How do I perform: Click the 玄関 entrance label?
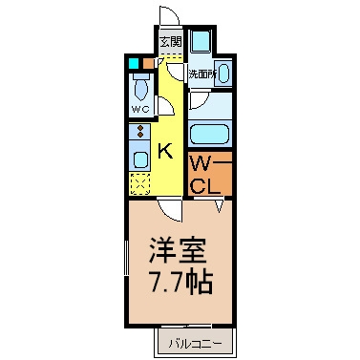(171, 42)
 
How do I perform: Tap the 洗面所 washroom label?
(202, 74)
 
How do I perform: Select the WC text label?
(140, 110)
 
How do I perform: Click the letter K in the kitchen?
(165, 151)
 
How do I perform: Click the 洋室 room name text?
(178, 250)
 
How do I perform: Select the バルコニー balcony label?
(195, 344)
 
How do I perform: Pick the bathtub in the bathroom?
(210, 135)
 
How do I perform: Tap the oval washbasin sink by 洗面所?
(223, 74)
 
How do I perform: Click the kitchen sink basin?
(140, 159)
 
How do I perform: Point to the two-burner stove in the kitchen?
(139, 132)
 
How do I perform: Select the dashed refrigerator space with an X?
(140, 184)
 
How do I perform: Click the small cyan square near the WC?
(134, 63)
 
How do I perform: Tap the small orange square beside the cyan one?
(148, 63)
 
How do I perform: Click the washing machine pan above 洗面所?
(201, 41)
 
